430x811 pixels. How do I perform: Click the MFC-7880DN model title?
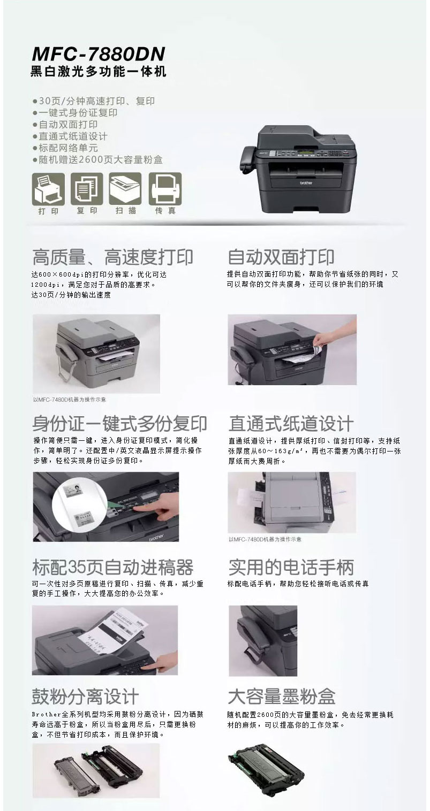pos(99,53)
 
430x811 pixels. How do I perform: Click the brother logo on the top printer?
pos(306,183)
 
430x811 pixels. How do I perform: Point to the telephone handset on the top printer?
pos(248,159)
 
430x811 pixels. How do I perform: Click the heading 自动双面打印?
pos(281,257)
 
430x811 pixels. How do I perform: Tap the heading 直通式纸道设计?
pos(291,423)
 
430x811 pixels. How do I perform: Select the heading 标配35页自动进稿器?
pos(113,568)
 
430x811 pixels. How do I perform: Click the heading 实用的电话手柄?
pos(291,568)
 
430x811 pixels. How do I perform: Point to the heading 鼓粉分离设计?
pos(85,696)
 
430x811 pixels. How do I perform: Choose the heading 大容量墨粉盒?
pos(282,696)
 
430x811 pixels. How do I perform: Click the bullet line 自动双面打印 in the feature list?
pos(65,125)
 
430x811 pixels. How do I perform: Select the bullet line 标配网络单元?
pos(65,148)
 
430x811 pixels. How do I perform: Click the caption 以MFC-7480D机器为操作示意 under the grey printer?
pos(70,399)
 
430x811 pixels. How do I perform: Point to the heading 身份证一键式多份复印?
pos(119,423)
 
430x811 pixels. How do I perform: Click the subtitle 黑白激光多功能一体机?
pos(99,71)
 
